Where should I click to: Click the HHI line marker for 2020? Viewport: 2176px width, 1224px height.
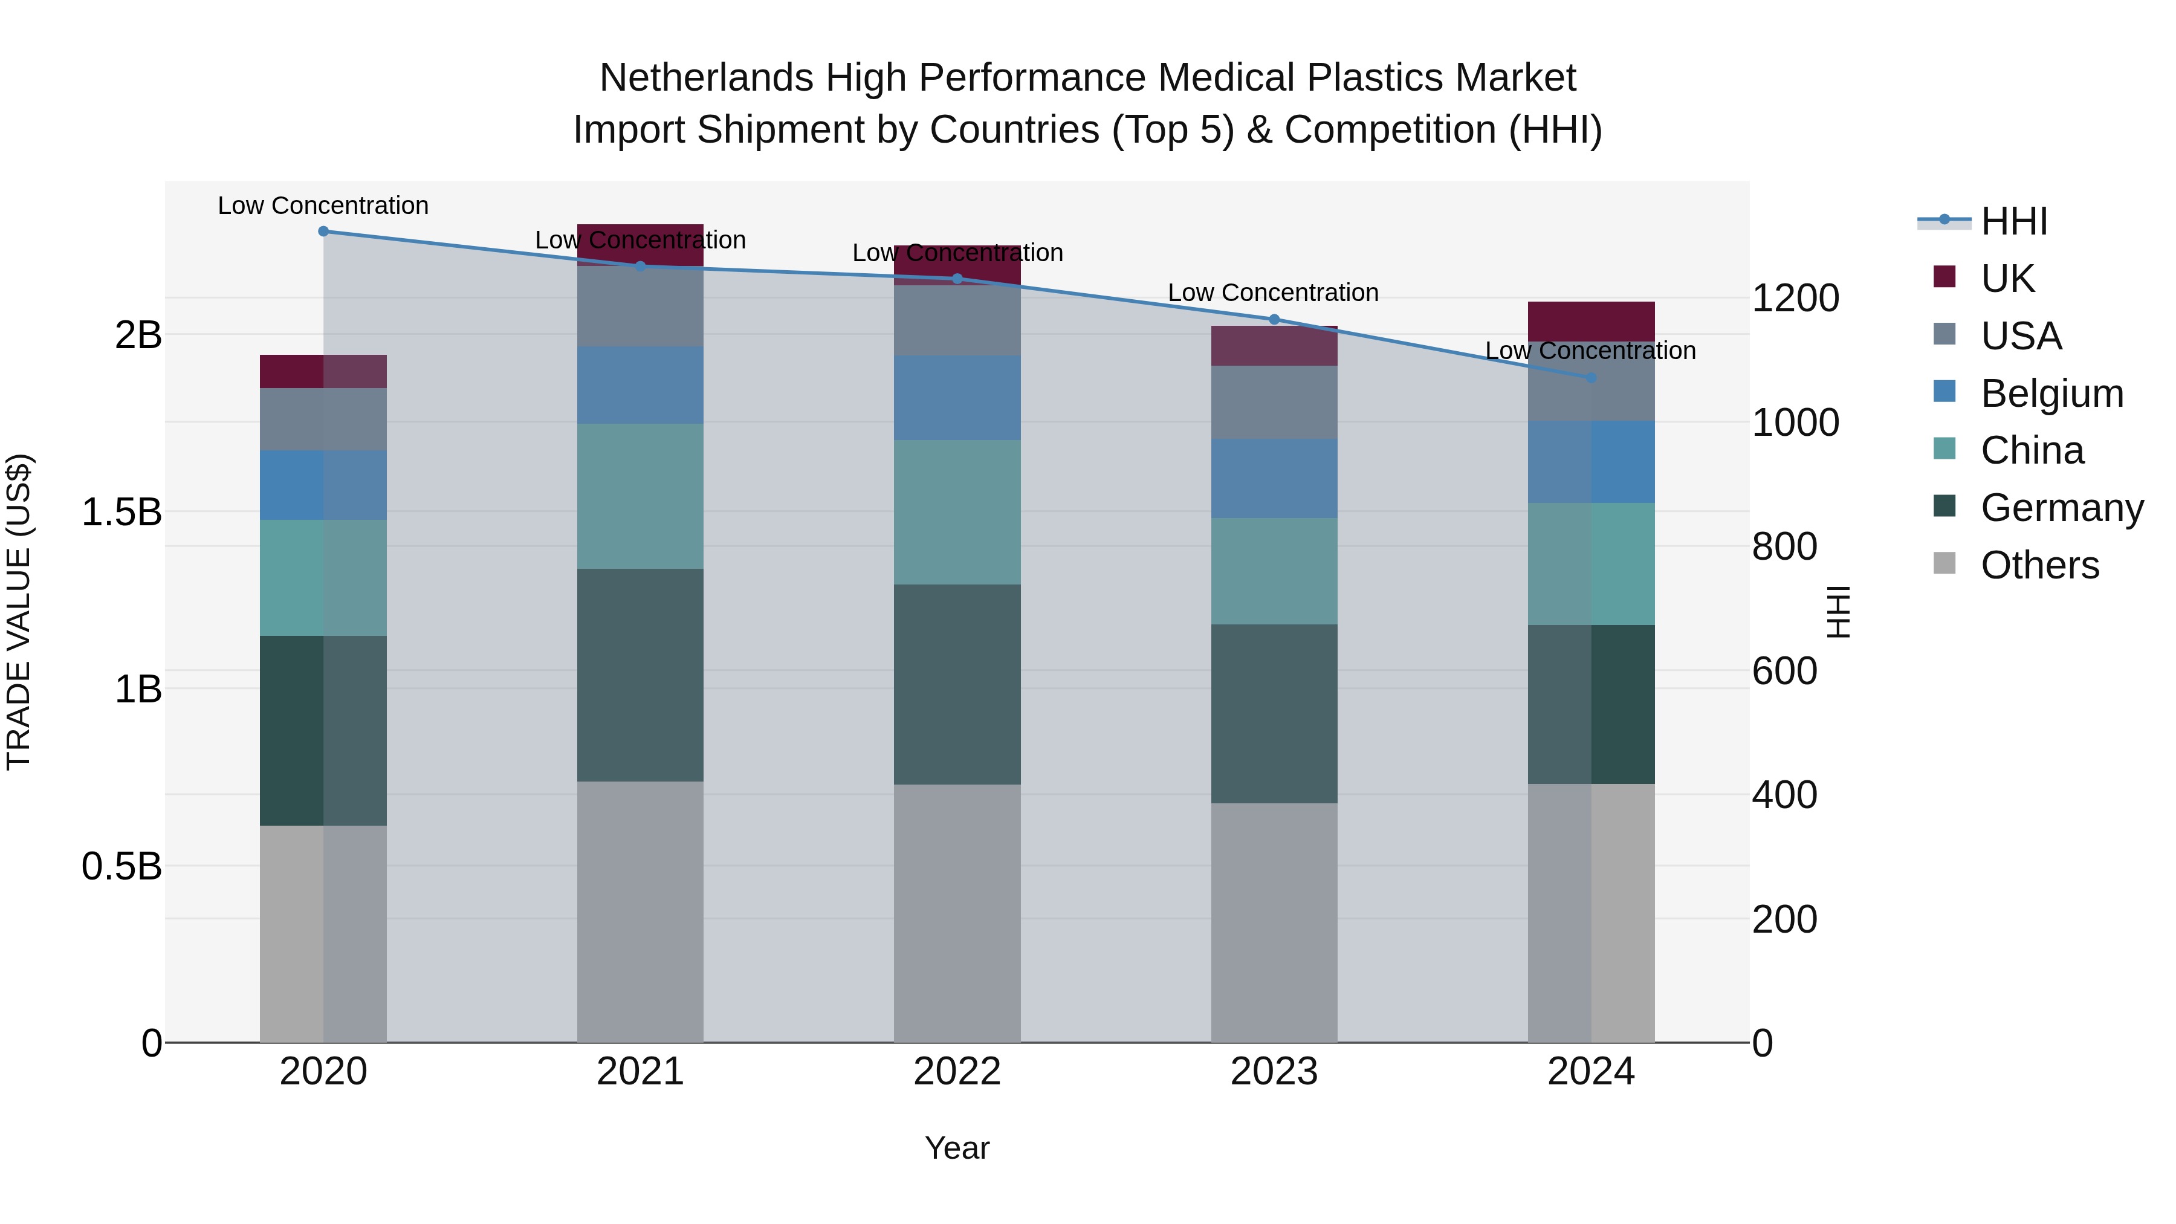(x=323, y=231)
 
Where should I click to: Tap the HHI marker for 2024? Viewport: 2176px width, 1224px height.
(x=1592, y=378)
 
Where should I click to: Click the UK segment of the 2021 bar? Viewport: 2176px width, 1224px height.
(x=640, y=245)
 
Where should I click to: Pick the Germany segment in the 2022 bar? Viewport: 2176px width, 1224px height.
(x=957, y=684)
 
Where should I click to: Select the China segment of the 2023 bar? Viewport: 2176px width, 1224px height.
(x=1274, y=571)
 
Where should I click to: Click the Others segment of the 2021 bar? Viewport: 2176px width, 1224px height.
(x=640, y=912)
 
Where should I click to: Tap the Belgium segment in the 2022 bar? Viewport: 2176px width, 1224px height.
(x=957, y=397)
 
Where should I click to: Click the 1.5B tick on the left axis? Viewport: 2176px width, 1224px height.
(x=121, y=512)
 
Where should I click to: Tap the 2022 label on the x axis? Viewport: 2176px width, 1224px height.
(x=957, y=1072)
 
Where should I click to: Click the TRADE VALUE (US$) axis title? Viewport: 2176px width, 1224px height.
(x=19, y=612)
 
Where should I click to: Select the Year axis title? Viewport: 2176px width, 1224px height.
(x=957, y=1148)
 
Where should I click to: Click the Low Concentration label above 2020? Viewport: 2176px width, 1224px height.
(x=323, y=206)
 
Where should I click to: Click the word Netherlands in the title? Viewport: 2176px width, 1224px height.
(x=706, y=78)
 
